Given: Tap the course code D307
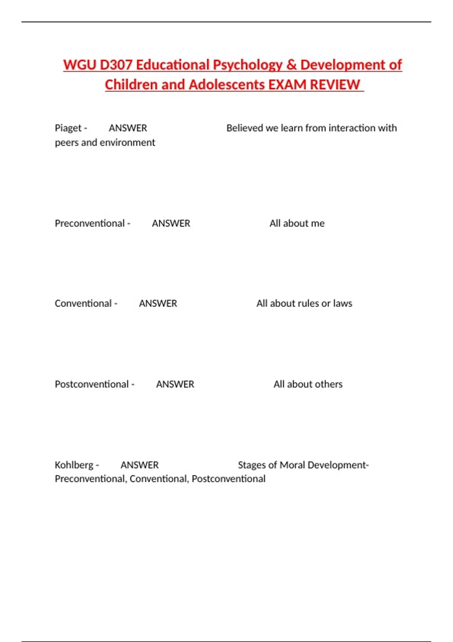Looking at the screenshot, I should [x=116, y=65].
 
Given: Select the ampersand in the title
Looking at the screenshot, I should [x=291, y=65].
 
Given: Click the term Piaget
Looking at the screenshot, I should [x=68, y=128].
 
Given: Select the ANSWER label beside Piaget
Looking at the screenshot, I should [x=128, y=128].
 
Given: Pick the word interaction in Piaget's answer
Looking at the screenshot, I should [x=352, y=128].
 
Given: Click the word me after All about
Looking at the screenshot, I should [x=317, y=224].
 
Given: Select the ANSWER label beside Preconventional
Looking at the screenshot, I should [x=171, y=224].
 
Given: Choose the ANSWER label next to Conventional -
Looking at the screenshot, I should [x=158, y=304].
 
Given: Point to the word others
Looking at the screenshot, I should [x=328, y=384].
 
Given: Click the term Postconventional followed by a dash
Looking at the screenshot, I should [x=92, y=384].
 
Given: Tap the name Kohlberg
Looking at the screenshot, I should [x=74, y=465].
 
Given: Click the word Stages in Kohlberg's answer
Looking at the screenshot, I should [x=252, y=465].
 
